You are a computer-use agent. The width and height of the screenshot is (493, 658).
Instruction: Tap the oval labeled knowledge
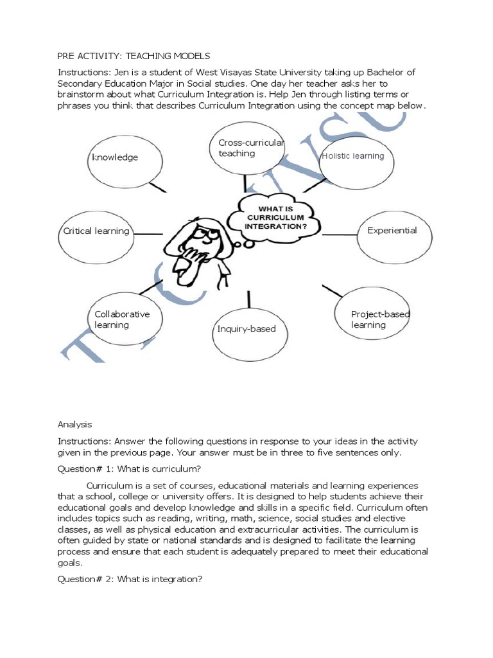[119, 157]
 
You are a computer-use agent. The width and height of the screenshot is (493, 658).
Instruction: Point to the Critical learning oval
[96, 231]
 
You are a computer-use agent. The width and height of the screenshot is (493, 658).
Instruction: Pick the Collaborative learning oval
[123, 319]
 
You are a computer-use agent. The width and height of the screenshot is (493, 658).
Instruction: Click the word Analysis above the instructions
[75, 424]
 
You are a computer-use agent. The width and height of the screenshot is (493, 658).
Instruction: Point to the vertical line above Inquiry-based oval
[248, 299]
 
